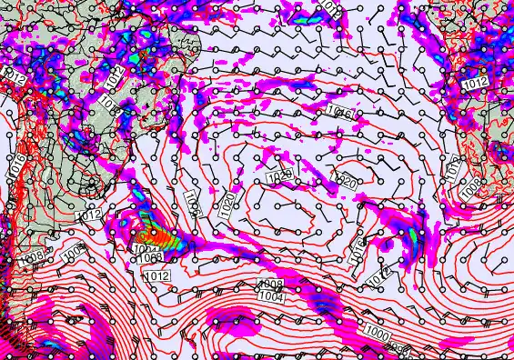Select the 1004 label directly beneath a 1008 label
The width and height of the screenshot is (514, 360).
268,295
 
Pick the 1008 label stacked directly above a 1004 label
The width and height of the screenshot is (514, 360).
271,285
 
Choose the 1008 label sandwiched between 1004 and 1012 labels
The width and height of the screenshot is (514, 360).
154,258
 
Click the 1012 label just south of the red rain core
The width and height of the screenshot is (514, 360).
157,275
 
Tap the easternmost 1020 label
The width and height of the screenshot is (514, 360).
346,183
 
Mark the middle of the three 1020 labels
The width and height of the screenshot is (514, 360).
280,175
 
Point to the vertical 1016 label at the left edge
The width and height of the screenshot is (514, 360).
16,164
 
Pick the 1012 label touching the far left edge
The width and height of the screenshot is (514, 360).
14,77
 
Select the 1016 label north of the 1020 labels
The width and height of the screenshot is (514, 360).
339,113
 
